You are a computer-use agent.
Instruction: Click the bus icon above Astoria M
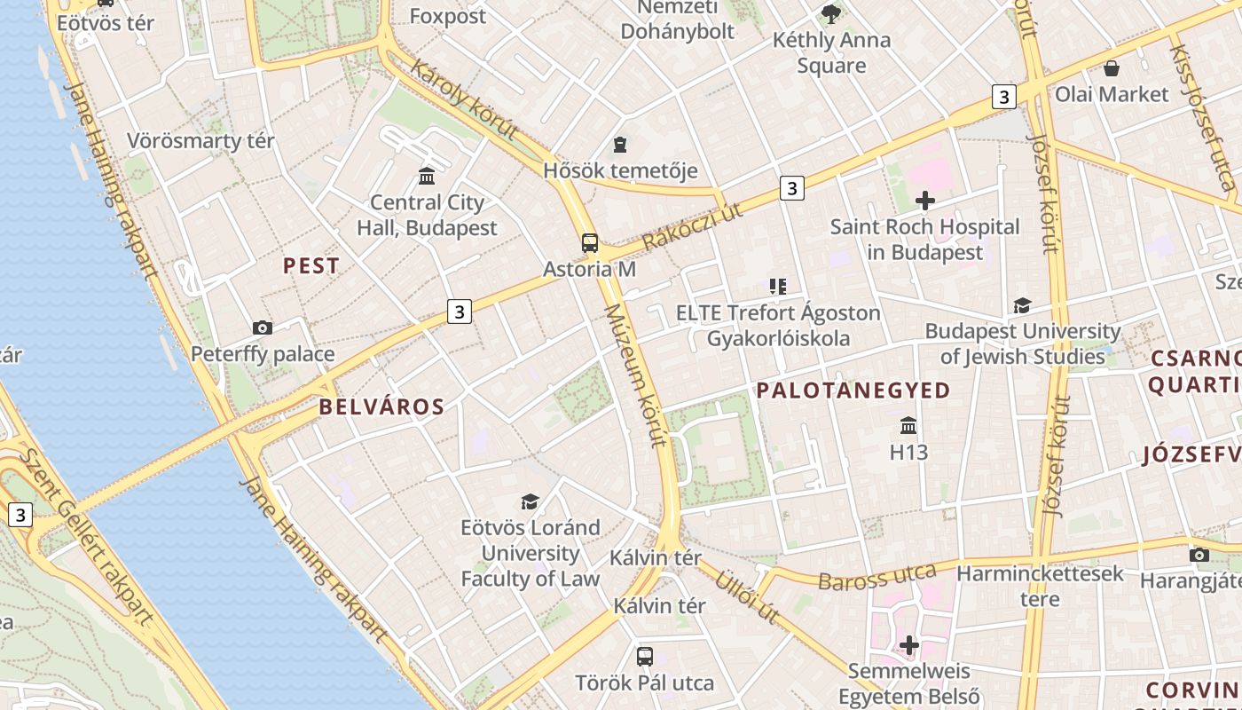(590, 243)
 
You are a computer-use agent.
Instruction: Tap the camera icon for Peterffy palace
(263, 328)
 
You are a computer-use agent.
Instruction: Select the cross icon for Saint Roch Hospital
(925, 201)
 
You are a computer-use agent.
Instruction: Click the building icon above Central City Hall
(427, 176)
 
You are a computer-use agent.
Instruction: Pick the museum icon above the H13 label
(908, 425)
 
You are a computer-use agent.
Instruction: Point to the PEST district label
(310, 265)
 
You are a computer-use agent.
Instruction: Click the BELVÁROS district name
(381, 407)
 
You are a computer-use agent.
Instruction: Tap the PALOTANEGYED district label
(853, 390)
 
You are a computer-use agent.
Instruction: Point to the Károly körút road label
(463, 99)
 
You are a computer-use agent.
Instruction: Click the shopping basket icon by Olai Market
(1112, 68)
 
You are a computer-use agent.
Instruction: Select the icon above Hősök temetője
(620, 145)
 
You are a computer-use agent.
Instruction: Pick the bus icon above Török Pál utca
(645, 657)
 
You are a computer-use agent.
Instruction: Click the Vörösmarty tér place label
(200, 141)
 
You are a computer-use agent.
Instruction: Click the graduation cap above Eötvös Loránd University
(530, 501)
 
